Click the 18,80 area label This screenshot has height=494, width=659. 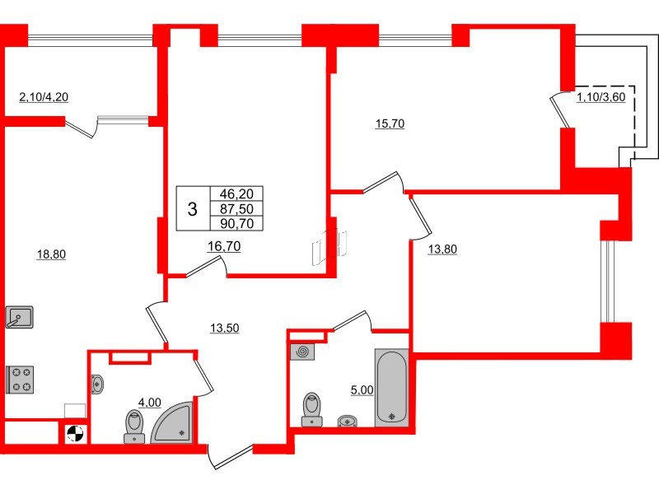click(51, 254)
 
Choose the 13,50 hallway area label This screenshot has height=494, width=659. click(227, 328)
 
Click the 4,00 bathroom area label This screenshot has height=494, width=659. click(148, 403)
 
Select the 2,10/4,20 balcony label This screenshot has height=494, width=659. click(43, 97)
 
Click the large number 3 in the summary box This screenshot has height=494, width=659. click(192, 209)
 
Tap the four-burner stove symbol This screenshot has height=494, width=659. click(20, 379)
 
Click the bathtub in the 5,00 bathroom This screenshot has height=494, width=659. click(391, 387)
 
